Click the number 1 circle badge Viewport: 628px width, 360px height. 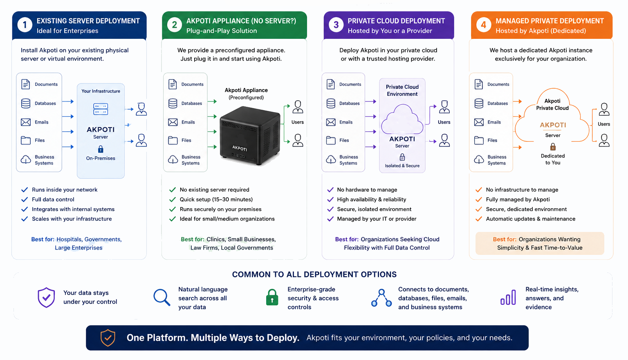point(25,25)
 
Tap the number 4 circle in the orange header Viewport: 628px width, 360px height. point(483,25)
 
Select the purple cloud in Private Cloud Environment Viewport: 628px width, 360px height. point(402,119)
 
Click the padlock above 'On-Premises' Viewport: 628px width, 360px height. point(101,149)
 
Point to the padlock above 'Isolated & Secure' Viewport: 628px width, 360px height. point(402,157)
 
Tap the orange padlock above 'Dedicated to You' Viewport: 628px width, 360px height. point(553,146)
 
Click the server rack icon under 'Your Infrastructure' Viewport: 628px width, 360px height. point(101,109)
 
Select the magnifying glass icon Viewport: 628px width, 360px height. point(162,297)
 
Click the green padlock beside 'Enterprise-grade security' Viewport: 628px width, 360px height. point(272,297)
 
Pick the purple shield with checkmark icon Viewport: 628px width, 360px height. point(46,297)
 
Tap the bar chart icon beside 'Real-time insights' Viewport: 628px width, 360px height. point(508,297)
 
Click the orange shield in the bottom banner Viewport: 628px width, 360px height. point(108,338)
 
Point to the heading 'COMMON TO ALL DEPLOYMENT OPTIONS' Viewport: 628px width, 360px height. point(314,274)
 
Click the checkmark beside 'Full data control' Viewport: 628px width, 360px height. point(25,200)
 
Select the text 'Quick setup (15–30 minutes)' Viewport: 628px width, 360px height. point(216,200)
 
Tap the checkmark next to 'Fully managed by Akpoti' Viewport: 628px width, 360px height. point(479,200)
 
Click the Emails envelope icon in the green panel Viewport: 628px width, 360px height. point(173,122)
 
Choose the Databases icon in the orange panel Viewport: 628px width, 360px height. point(479,103)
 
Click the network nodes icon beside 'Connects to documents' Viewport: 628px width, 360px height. point(381,298)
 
